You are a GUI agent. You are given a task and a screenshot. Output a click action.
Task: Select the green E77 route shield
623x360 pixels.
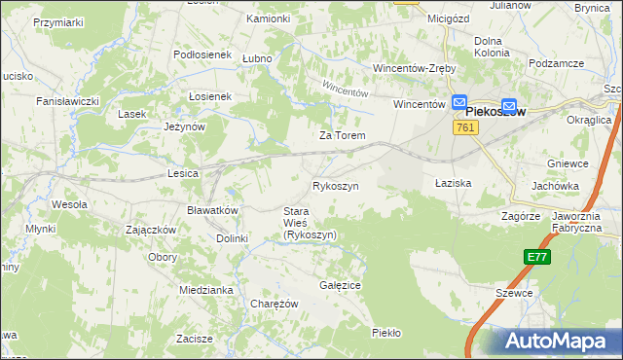[x=535, y=257]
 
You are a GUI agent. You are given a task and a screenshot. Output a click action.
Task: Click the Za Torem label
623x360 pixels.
[x=343, y=135]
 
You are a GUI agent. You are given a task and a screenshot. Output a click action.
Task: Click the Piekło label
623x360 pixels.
[x=386, y=333]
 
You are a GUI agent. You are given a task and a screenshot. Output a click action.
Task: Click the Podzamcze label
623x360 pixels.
[x=557, y=62]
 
